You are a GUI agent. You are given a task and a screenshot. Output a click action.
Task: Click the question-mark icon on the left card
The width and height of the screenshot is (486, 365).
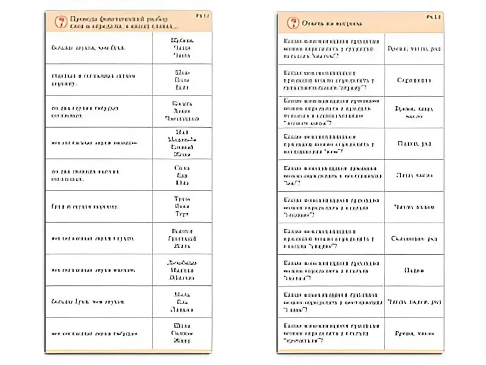60,23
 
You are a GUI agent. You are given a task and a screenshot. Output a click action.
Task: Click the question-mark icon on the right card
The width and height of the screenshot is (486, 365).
292,23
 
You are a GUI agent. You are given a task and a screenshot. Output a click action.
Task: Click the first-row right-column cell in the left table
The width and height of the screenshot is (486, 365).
182,47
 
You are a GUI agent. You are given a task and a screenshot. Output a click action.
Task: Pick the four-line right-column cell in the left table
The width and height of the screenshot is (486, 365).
182,143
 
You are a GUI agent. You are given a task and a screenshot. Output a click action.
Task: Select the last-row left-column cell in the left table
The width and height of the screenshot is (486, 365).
98,333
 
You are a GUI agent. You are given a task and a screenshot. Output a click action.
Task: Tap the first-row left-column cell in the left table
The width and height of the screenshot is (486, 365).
98,47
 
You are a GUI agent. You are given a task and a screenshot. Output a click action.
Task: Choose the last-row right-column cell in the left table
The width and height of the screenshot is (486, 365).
182,333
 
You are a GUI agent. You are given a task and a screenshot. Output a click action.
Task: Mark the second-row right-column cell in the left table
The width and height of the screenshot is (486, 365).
182,79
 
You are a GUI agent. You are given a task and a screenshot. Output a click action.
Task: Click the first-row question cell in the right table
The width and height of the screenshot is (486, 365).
331,47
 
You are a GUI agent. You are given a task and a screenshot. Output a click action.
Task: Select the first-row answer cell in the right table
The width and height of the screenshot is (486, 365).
414,47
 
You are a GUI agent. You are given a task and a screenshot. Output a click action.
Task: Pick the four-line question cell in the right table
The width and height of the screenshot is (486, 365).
331,111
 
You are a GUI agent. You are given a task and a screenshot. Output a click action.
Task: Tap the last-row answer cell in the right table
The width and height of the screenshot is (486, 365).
414,333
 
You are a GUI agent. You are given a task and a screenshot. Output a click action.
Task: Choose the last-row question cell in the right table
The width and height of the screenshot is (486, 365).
331,333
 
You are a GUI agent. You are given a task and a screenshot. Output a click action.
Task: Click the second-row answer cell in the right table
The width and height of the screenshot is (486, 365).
414,80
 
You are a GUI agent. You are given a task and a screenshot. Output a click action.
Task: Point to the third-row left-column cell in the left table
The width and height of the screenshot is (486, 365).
98,111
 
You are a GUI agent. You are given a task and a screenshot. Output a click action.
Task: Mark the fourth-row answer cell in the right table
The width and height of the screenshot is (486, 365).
414,144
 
